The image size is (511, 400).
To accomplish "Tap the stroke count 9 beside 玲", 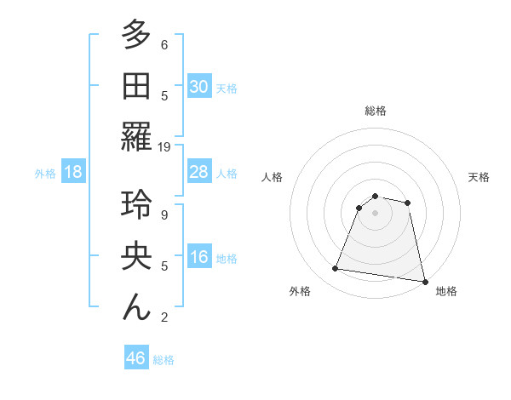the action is click(x=164, y=214).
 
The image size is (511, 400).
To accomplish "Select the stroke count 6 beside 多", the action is click(x=164, y=44).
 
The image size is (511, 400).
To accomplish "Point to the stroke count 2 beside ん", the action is click(x=164, y=317).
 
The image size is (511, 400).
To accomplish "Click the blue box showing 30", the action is click(x=199, y=87).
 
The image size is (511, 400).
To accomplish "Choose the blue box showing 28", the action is click(x=199, y=173).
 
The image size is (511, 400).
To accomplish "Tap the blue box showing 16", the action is click(x=199, y=258).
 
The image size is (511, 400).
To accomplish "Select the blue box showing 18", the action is click(x=73, y=173).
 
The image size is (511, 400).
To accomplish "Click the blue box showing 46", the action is click(x=136, y=358).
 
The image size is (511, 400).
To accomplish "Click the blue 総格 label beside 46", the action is click(x=164, y=360).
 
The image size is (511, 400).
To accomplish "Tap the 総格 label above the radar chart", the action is click(x=376, y=111).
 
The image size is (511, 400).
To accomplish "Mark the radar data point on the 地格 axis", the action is click(x=424, y=281).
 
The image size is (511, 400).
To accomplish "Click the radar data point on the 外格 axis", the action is click(x=336, y=269).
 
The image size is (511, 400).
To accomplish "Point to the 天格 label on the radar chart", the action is click(x=479, y=177).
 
